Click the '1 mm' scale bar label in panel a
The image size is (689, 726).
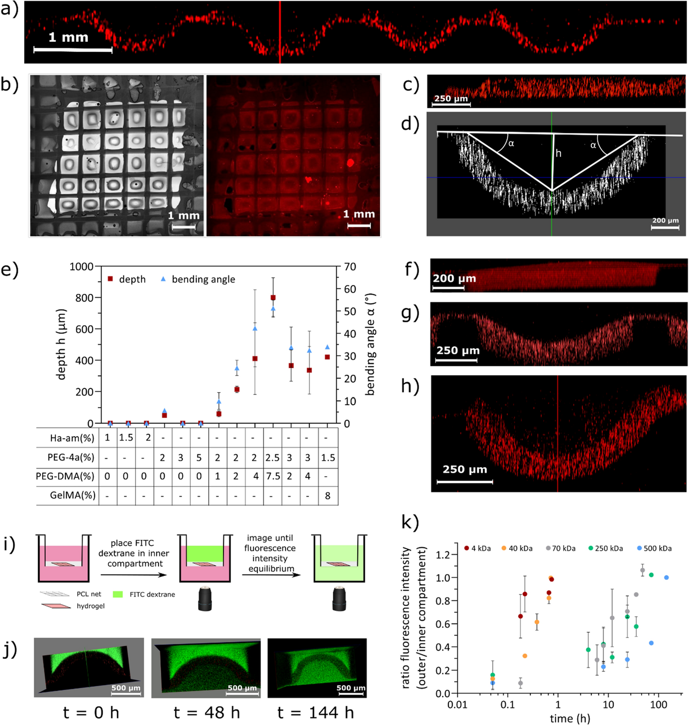[x=68, y=37]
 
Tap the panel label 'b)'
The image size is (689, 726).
[x=9, y=84]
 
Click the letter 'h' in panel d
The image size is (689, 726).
[x=558, y=153]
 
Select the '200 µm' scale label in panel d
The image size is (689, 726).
[x=665, y=221]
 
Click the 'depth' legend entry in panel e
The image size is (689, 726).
[x=127, y=279]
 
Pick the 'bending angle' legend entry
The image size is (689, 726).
[x=198, y=279]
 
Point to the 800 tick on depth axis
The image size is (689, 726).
[x=84, y=298]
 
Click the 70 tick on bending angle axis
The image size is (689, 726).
[x=350, y=267]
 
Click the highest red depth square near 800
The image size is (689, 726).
[x=273, y=298]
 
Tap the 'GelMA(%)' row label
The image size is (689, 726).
[x=72, y=495]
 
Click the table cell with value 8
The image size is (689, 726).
[x=327, y=496]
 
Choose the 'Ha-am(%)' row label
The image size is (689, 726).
[x=72, y=438]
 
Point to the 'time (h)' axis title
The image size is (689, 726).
[x=569, y=718]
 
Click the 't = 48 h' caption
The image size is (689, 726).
[x=206, y=713]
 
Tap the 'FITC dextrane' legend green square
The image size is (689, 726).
[x=118, y=594]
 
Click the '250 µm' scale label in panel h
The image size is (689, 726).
[x=464, y=469]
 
